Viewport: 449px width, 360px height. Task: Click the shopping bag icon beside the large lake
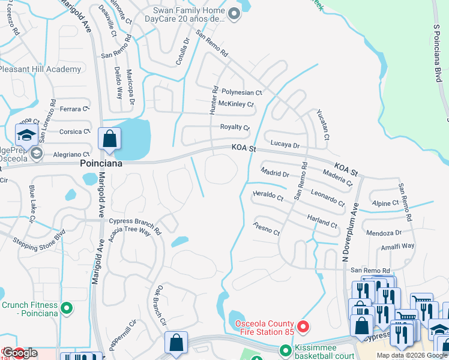coord(110,139)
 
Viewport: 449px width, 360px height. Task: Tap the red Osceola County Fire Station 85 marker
coord(303,328)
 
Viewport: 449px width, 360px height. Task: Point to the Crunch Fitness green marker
coord(67,309)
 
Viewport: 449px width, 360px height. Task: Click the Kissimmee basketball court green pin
coord(285,349)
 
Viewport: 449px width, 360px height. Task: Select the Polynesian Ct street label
coord(242,92)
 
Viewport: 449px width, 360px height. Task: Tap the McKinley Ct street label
coord(236,104)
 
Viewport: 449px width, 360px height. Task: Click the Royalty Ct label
coord(235,127)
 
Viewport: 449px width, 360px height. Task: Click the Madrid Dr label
coord(276,173)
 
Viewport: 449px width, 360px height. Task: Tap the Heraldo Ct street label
coord(268,196)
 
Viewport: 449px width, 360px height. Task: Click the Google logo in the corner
coord(19,352)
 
